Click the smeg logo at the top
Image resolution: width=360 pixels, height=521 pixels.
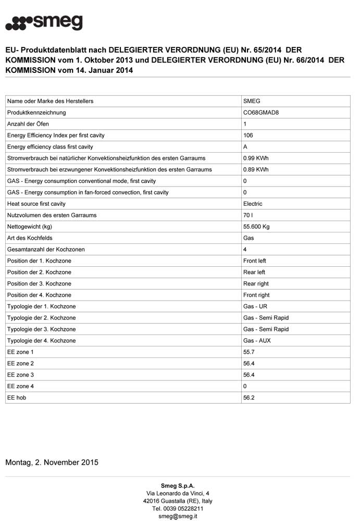point(44,23)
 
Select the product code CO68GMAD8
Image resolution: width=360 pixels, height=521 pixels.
point(260,113)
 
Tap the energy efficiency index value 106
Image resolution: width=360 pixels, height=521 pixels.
point(248,135)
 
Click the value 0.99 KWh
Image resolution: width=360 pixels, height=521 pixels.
point(256,158)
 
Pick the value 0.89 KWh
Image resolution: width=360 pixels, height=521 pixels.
point(256,170)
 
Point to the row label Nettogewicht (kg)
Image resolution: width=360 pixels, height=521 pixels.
point(30,227)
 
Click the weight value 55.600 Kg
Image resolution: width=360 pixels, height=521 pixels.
point(256,227)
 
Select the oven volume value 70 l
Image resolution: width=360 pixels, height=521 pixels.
point(248,215)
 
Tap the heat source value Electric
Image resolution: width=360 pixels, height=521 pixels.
point(253,204)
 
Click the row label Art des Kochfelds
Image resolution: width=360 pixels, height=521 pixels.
point(30,238)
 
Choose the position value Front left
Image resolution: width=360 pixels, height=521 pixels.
point(255,261)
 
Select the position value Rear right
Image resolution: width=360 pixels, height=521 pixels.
point(256,284)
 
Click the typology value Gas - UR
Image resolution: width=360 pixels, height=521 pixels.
point(255,306)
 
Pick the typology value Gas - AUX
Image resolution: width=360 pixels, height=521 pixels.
point(257,341)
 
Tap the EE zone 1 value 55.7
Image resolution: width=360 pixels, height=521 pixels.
point(249,352)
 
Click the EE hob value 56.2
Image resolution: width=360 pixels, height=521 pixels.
point(249,398)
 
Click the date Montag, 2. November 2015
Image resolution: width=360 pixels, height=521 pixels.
point(52,462)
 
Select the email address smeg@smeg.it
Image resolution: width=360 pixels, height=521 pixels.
point(178,516)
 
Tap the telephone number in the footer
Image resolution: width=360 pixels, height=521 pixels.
point(178,508)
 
